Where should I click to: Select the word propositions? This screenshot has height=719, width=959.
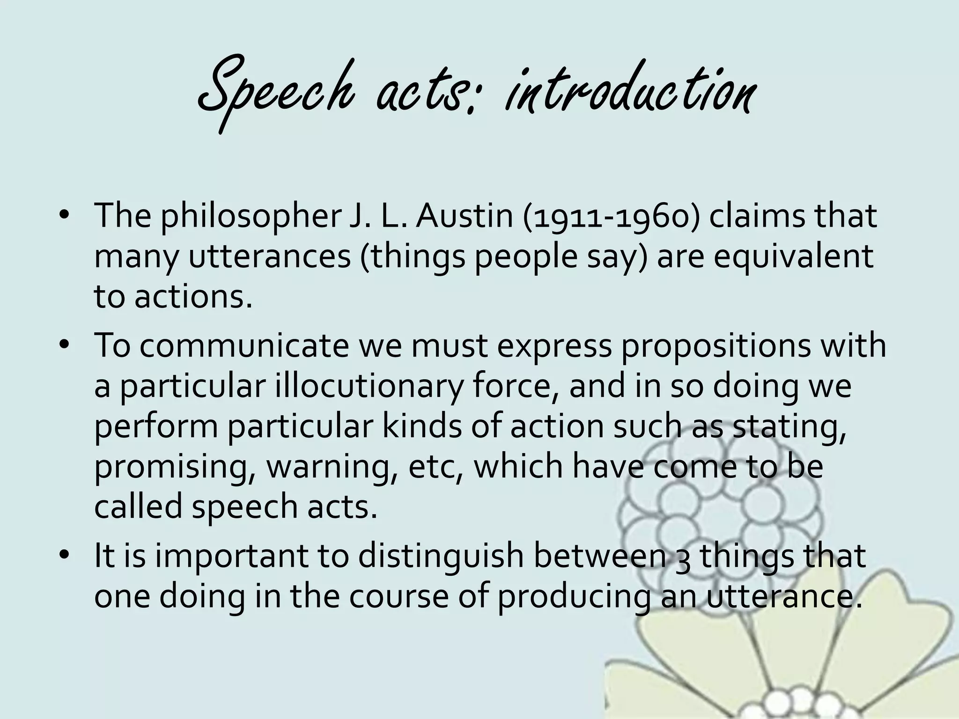tap(723, 346)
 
